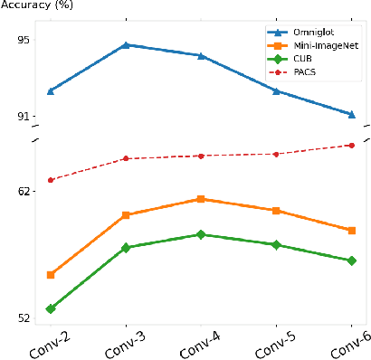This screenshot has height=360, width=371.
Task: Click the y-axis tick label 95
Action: pos(23,40)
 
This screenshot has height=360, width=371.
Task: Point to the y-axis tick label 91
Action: pos(23,116)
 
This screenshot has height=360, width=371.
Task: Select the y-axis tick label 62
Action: pos(23,192)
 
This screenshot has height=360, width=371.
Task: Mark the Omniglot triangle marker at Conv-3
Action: pos(126,44)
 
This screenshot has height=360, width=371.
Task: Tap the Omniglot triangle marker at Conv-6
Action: pos(351,114)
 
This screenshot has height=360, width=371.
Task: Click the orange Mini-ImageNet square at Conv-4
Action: pos(201,199)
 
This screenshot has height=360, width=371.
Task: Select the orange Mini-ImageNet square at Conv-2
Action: pos(51,275)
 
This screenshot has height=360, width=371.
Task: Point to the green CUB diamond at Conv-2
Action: pos(51,309)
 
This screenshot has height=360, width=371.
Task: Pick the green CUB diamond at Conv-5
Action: pos(276,244)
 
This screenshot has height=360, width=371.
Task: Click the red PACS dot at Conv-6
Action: pos(351,145)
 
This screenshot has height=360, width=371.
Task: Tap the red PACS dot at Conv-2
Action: pos(51,180)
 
